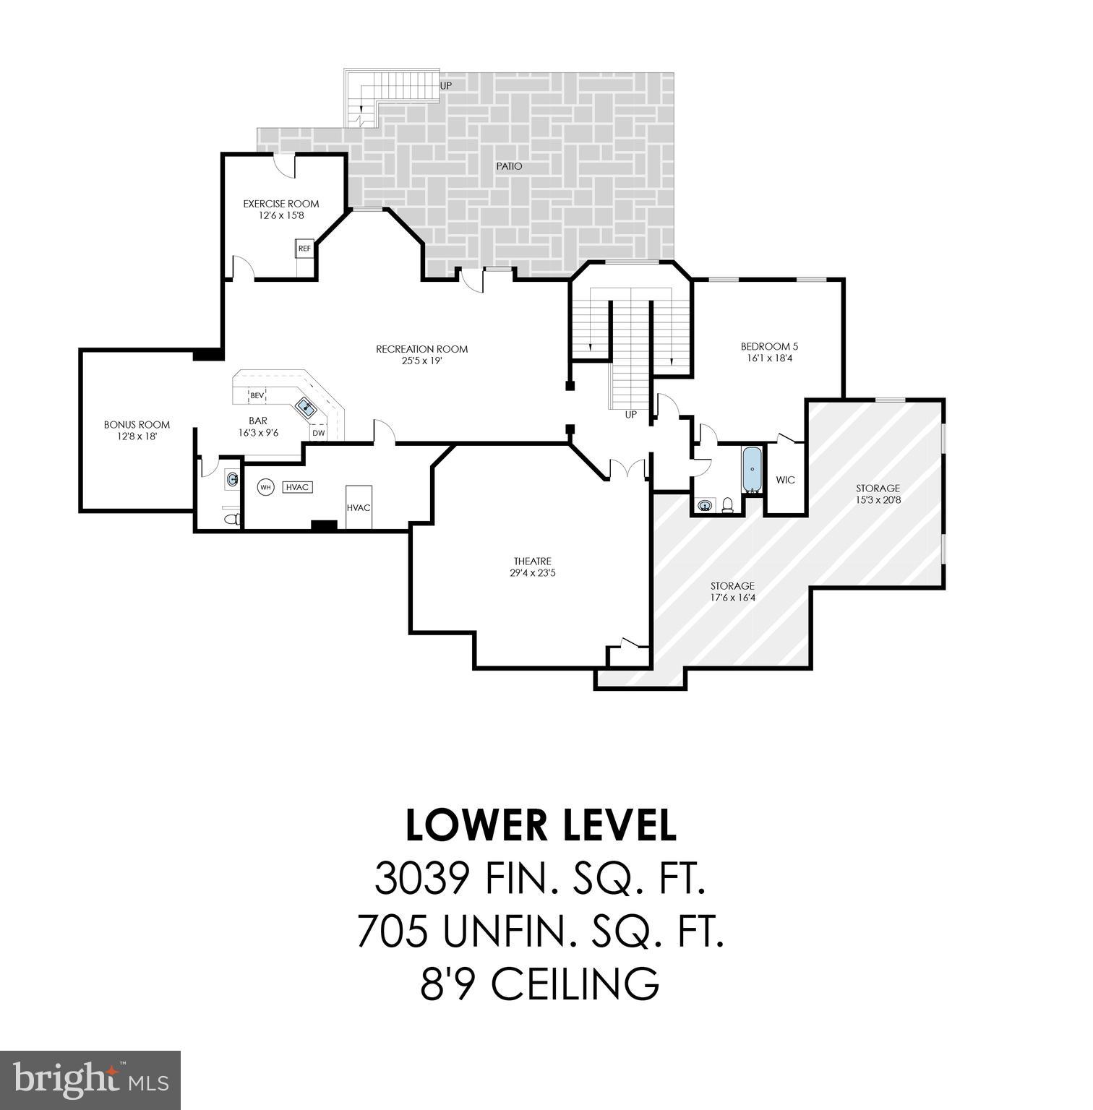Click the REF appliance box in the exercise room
tap(304, 249)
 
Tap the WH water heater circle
tap(266, 487)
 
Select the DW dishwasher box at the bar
tap(318, 433)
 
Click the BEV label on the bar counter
tap(257, 395)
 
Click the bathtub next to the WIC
tap(752, 469)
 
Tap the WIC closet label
tap(785, 480)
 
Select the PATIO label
tap(509, 166)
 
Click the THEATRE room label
tap(532, 562)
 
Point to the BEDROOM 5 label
tap(769, 346)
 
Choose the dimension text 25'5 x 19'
tap(421, 361)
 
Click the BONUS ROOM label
tap(137, 425)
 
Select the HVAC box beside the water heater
tap(297, 487)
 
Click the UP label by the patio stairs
tap(446, 85)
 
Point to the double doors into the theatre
tap(627, 471)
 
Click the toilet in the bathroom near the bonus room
tap(231, 519)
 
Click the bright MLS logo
tap(90, 1080)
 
